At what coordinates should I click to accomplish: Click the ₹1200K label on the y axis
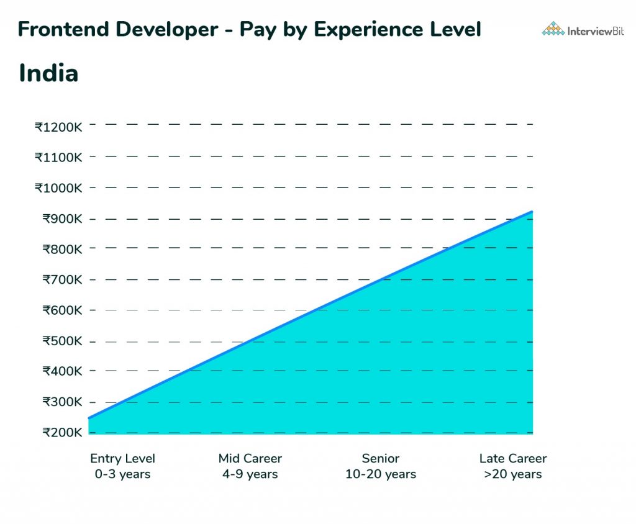point(58,127)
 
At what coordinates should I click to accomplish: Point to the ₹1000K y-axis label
point(58,188)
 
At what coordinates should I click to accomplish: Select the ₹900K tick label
point(61,219)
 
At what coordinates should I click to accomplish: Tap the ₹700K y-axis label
point(61,280)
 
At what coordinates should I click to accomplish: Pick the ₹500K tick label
point(61,341)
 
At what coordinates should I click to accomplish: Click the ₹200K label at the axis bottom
point(61,432)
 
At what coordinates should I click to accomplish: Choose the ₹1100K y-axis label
point(58,158)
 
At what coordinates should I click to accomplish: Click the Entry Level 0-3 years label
point(122,466)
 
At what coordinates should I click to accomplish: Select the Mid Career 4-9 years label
point(250,466)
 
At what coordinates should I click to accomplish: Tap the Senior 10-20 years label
point(381,466)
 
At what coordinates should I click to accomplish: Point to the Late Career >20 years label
point(513,466)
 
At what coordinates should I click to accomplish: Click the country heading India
point(48,73)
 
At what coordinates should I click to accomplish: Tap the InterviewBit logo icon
point(553,29)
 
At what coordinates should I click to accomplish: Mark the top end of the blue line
point(532,212)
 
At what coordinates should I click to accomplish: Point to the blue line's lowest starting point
point(89,418)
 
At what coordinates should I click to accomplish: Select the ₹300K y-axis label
point(61,402)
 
